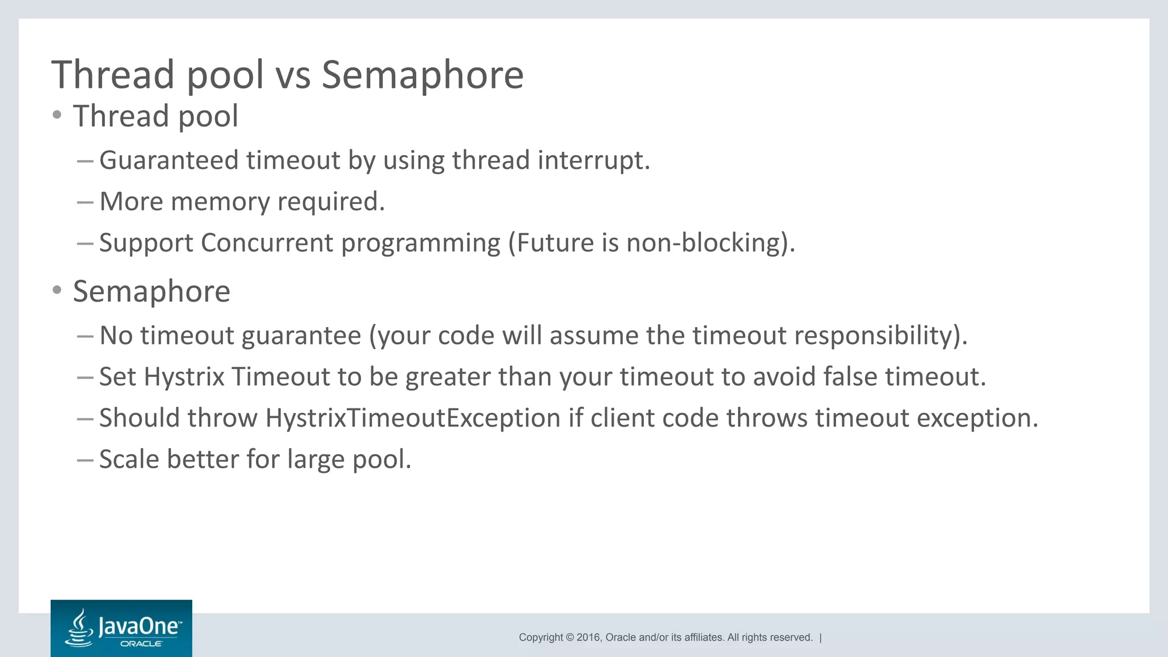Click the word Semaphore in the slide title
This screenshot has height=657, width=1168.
422,75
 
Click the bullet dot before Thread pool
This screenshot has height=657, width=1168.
56,115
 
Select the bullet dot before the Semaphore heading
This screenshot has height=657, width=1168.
56,290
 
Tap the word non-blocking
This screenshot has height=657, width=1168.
703,243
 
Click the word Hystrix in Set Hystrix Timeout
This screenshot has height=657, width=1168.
184,377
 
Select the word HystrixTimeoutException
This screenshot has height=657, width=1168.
413,418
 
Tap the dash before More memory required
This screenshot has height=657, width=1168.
85,202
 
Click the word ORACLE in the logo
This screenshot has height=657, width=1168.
141,644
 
